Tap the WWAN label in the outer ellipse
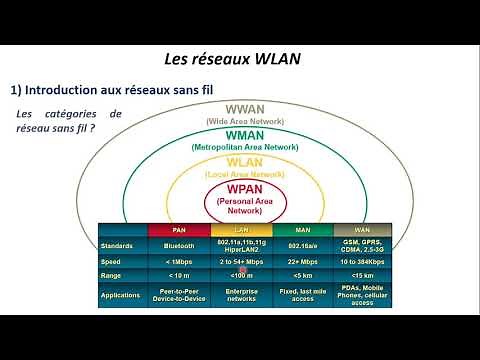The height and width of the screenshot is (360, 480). [x=245, y=109]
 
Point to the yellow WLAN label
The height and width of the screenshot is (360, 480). [x=245, y=162]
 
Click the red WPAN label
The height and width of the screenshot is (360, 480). [x=245, y=189]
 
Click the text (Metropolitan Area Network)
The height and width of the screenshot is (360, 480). [x=244, y=147]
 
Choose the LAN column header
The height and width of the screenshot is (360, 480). [x=242, y=228]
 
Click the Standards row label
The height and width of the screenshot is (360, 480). [x=118, y=242]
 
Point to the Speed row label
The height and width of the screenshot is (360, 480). [x=111, y=260]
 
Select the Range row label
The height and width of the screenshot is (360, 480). [x=112, y=274]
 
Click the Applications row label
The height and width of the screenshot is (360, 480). [x=122, y=294]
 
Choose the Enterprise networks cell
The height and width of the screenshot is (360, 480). [x=242, y=294]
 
